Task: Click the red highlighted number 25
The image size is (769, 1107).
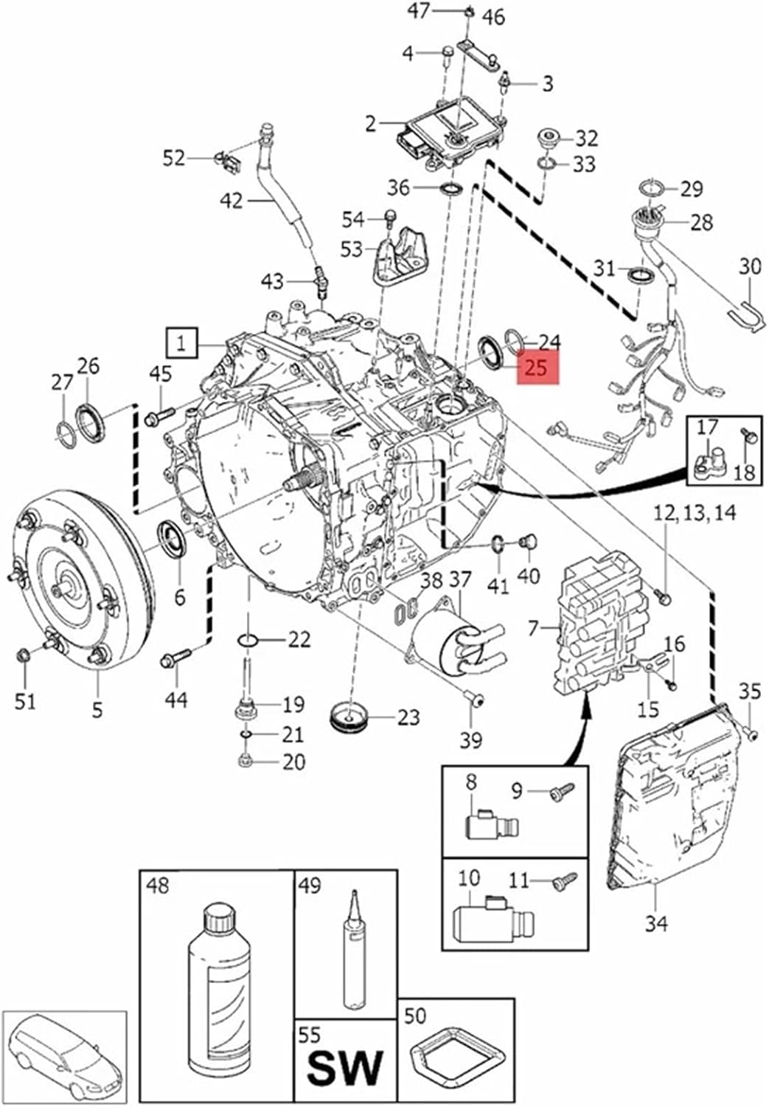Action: point(537,367)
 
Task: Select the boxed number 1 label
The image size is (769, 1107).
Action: point(181,342)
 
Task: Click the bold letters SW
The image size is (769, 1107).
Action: point(345,1067)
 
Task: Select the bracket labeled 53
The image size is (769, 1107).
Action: point(397,258)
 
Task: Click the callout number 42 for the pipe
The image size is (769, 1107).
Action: point(232,199)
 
